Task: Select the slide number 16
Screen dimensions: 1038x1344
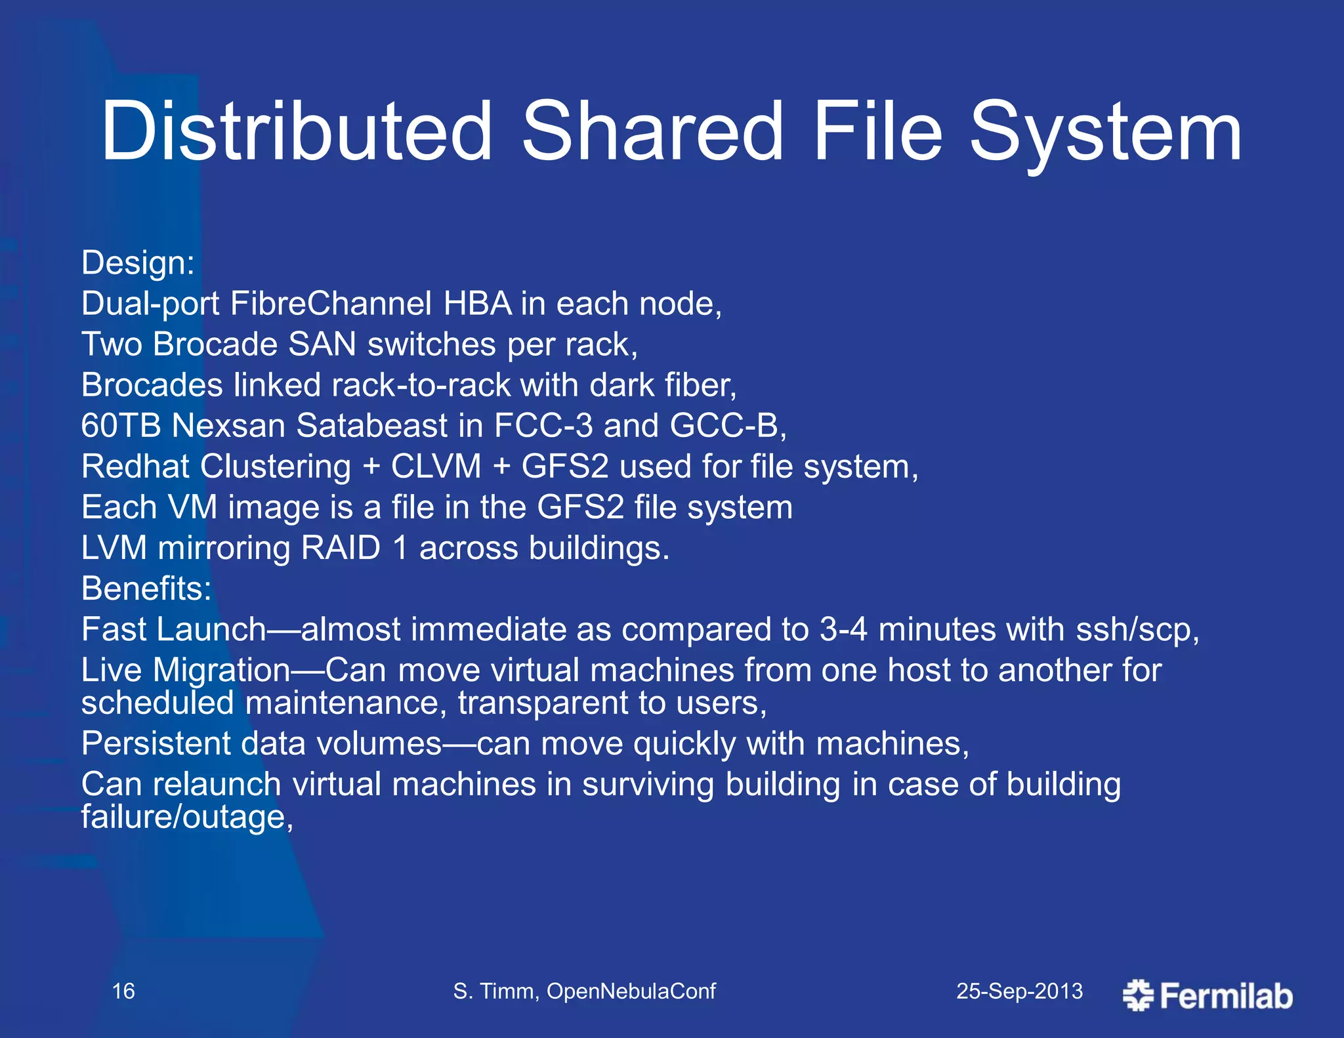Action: pos(123,991)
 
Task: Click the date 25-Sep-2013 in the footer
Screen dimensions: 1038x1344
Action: pos(1019,991)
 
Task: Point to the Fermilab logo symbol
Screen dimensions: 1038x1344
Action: pos(1138,995)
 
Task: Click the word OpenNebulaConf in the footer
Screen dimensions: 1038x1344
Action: pos(631,991)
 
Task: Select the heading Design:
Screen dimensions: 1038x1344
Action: pos(138,264)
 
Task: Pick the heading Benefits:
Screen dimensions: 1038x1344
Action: pos(146,589)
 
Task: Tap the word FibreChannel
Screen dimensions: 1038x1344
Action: pos(331,304)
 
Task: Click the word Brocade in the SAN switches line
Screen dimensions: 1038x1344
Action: pos(215,344)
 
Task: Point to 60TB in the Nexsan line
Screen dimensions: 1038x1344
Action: pos(121,426)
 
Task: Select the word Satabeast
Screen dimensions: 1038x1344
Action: pos(371,426)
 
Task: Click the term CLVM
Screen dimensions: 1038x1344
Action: pos(436,467)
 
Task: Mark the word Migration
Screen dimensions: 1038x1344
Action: pos(221,671)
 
